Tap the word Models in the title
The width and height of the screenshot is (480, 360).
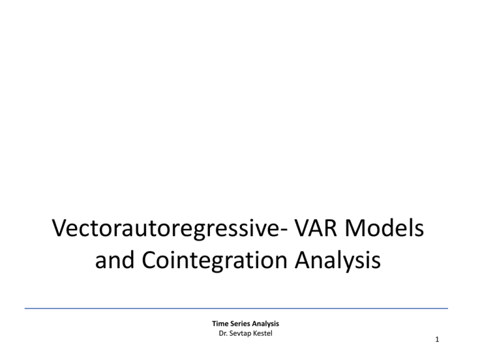pyautogui.click(x=384, y=228)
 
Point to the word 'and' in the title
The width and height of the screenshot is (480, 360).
pyautogui.click(x=114, y=259)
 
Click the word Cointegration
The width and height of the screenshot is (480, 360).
pyautogui.click(x=214, y=261)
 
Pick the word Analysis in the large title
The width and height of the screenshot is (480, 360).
pyautogui.click(x=337, y=261)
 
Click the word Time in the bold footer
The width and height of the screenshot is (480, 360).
pyautogui.click(x=220, y=324)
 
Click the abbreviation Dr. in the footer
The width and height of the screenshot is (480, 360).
pyautogui.click(x=223, y=333)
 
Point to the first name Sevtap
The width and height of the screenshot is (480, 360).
pyautogui.click(x=239, y=334)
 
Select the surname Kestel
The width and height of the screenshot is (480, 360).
pyautogui.click(x=262, y=333)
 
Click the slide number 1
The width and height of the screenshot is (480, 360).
pyautogui.click(x=437, y=339)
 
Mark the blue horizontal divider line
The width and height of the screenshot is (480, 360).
pyautogui.click(x=236, y=308)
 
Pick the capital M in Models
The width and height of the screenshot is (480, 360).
pyautogui.click(x=356, y=228)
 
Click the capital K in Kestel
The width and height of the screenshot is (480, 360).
pyautogui.click(x=254, y=333)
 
